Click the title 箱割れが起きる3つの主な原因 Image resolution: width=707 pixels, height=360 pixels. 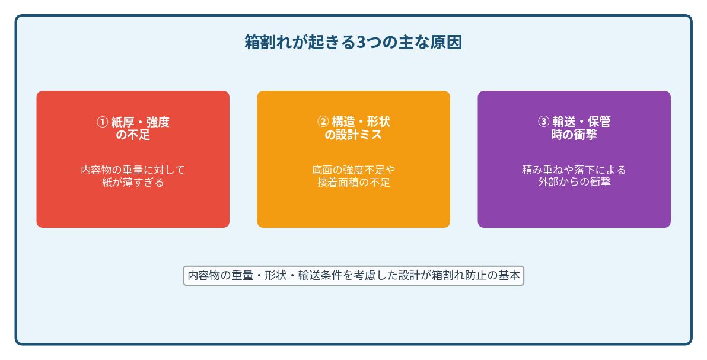[x=353, y=43]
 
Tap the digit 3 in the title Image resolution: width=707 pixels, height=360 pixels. [x=361, y=43]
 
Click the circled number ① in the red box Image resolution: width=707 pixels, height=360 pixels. [x=103, y=122]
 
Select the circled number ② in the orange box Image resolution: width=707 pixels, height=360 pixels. [x=323, y=122]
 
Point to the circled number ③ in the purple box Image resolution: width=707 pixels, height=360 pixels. [x=544, y=122]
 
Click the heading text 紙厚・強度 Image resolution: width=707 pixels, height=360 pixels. [x=140, y=122]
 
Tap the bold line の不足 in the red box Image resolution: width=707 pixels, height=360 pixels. [x=133, y=135]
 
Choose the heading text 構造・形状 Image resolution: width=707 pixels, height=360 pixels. [x=361, y=122]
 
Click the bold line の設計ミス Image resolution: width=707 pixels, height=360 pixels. [x=353, y=135]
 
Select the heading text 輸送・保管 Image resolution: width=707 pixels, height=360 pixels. [x=582, y=122]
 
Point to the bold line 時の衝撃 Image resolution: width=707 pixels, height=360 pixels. [x=574, y=135]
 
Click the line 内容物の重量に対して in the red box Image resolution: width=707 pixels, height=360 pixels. [x=133, y=170]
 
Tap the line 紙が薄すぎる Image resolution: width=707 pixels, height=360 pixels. [x=133, y=183]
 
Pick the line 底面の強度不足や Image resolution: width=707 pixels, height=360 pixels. [x=353, y=170]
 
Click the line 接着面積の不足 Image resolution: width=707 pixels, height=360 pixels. [x=353, y=183]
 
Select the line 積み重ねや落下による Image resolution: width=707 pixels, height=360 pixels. [x=574, y=170]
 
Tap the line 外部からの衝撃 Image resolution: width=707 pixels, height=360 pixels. [x=574, y=182]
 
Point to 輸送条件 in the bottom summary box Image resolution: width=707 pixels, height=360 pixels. [x=320, y=275]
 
